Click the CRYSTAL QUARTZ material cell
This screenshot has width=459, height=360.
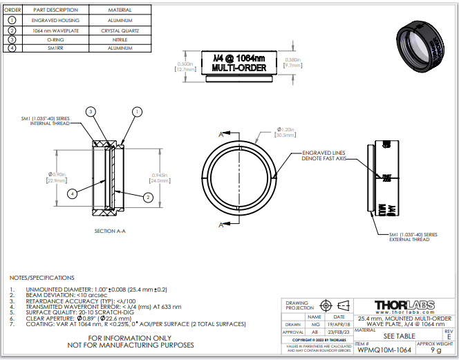click(124, 30)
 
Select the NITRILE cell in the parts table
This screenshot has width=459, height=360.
click(124, 39)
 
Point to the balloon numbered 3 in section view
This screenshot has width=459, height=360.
click(91, 111)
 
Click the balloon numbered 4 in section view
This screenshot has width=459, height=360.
click(73, 194)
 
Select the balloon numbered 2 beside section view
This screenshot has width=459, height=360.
click(148, 197)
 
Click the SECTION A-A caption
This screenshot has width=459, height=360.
click(114, 231)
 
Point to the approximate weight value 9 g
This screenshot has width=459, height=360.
click(435, 350)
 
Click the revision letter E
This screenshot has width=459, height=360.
click(449, 336)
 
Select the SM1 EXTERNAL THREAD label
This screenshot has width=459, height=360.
click(413, 237)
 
